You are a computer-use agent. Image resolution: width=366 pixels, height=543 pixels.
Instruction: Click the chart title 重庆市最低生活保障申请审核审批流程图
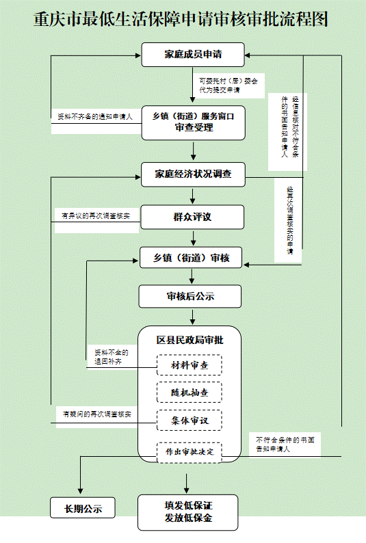[x=181, y=19]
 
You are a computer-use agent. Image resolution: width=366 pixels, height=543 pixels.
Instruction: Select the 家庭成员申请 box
[x=193, y=55]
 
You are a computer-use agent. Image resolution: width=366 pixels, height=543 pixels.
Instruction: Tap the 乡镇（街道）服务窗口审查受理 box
[x=193, y=122]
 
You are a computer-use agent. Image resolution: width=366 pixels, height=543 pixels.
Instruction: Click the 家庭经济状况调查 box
[x=193, y=174]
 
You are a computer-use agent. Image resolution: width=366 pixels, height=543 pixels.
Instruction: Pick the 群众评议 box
[x=192, y=217]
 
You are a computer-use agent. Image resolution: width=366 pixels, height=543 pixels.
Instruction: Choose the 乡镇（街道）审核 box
[x=191, y=258]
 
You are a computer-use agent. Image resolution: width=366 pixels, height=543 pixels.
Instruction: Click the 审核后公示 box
[x=190, y=296]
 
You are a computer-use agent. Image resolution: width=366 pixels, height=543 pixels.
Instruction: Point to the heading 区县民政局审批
[x=189, y=340]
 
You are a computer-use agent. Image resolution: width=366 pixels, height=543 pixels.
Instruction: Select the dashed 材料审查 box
[x=189, y=365]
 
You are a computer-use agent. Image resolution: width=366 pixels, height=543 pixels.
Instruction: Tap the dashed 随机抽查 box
[x=189, y=393]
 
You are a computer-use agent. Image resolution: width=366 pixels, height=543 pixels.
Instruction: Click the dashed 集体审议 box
[x=189, y=421]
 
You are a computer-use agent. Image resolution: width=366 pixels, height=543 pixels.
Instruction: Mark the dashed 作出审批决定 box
[x=189, y=452]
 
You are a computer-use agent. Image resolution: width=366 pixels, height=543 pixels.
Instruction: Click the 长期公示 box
[x=83, y=508]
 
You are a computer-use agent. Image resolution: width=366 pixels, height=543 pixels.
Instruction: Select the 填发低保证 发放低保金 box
[x=188, y=512]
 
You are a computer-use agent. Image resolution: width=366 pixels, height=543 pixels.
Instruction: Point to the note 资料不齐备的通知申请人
[x=95, y=117]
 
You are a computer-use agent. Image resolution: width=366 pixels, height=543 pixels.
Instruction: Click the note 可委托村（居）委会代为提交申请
[x=228, y=85]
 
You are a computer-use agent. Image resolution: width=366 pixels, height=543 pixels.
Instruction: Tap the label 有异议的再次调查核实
[x=96, y=216]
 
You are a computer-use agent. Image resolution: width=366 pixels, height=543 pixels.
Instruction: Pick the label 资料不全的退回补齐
[x=112, y=357]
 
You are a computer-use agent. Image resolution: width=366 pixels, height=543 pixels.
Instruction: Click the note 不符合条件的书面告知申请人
[x=285, y=445]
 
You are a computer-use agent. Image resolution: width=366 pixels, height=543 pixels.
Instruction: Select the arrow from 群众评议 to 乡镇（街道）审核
[x=193, y=238]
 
